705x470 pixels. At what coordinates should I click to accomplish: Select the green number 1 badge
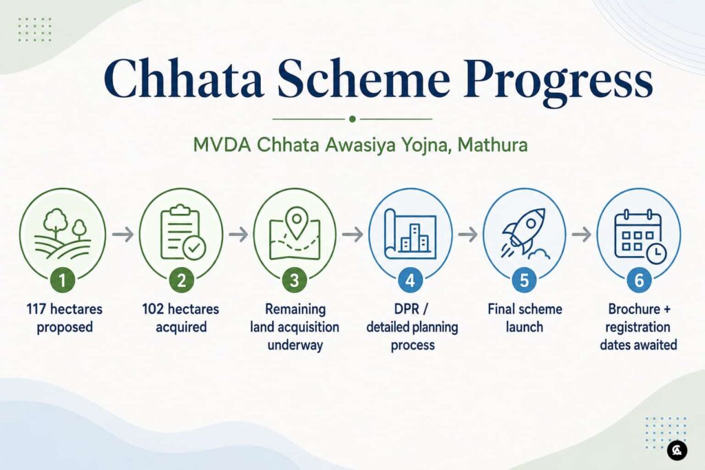[x=62, y=280]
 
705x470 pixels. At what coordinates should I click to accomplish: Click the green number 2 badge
[x=181, y=280]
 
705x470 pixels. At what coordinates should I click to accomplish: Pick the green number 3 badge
[x=295, y=280]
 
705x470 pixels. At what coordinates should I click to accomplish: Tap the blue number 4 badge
[x=410, y=280]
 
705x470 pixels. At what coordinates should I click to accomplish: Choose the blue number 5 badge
[x=524, y=280]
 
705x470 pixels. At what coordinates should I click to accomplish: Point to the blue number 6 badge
[x=639, y=280]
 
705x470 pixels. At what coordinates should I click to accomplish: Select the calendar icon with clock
[x=640, y=235]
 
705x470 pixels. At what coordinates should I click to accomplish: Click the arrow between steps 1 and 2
[x=123, y=235]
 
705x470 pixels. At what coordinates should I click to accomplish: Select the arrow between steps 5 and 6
[x=581, y=234]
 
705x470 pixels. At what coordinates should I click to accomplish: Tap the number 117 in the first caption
[x=35, y=309]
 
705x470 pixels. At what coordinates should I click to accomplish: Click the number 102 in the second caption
[x=152, y=309]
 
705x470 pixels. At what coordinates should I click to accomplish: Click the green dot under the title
[x=352, y=119]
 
